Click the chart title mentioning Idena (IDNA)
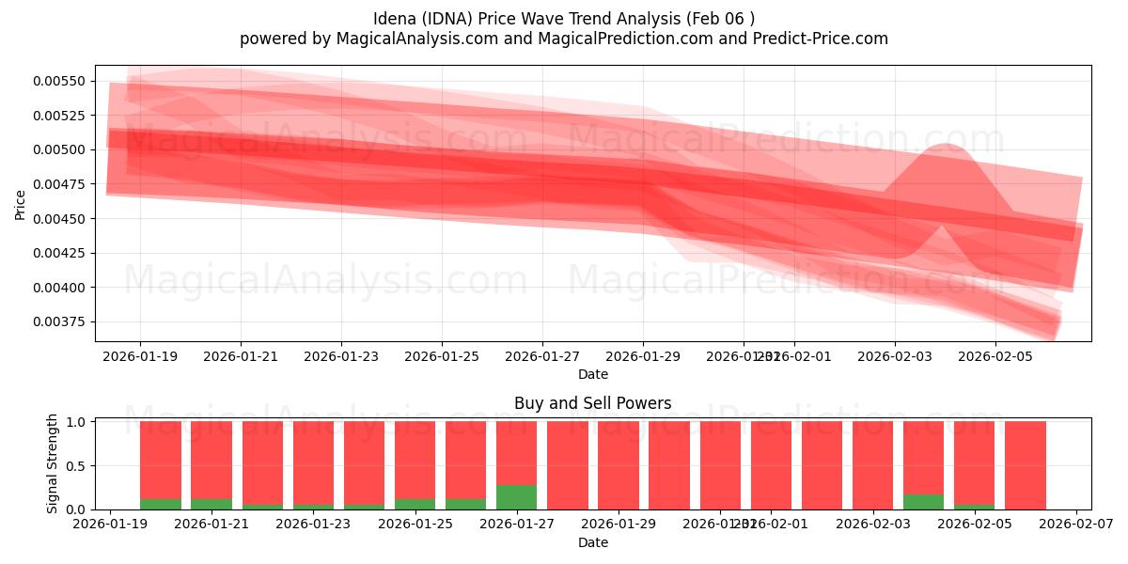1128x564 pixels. (564, 19)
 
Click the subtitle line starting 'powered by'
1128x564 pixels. (564, 39)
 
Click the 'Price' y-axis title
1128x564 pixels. (20, 203)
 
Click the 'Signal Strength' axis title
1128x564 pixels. (53, 463)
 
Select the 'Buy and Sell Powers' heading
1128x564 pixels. (592, 403)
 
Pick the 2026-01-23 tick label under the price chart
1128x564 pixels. (341, 356)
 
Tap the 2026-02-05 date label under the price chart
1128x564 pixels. (995, 356)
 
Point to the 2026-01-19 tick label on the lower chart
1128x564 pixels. (111, 525)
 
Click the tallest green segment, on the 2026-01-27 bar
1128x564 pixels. (516, 497)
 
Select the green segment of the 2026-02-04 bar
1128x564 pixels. (923, 502)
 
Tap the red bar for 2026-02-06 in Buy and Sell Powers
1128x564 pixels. (1025, 465)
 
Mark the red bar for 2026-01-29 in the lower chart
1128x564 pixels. (618, 465)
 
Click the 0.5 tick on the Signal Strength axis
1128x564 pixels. (76, 465)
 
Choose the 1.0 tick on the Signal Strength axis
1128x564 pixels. (76, 422)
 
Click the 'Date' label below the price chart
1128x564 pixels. (592, 374)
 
